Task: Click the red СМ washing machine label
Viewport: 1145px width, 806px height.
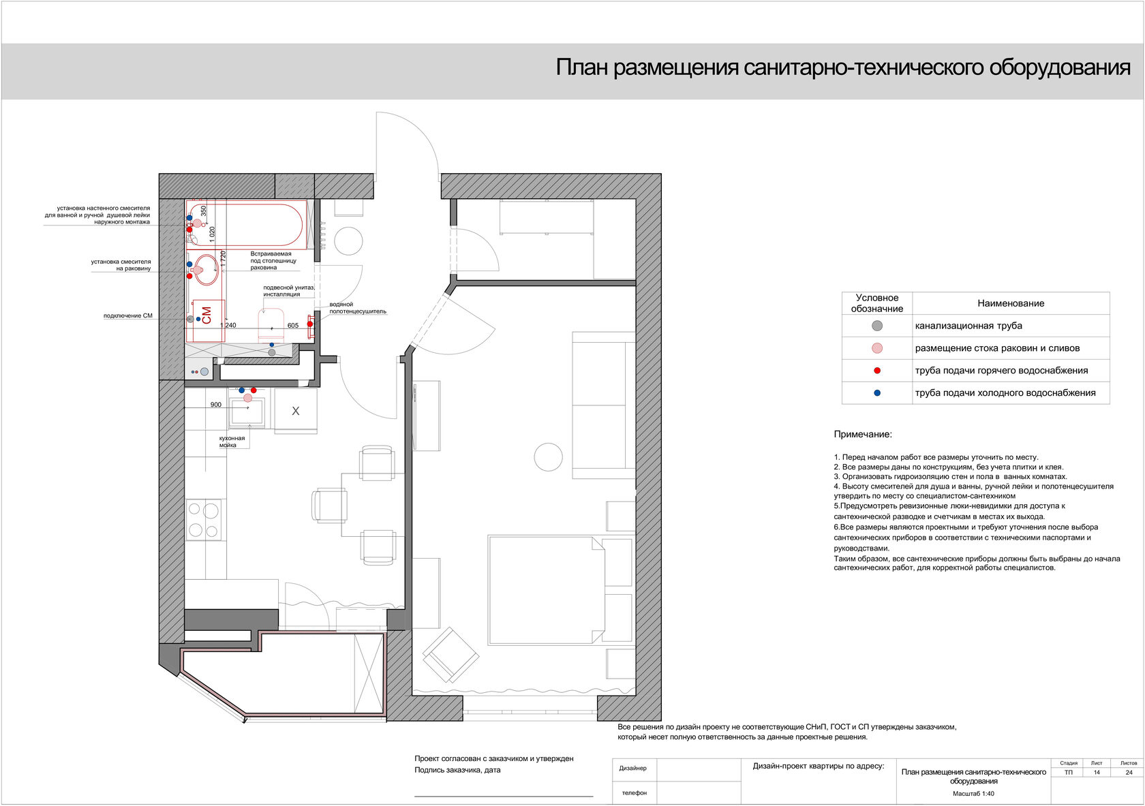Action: [x=207, y=315]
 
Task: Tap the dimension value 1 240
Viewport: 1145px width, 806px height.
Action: [x=228, y=325]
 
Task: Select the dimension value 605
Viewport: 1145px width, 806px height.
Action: [x=293, y=325]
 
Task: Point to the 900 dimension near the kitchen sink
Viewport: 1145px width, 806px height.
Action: [x=215, y=404]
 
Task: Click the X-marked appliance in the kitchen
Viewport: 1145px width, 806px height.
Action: [x=296, y=410]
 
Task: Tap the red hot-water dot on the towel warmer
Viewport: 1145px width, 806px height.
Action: [x=309, y=324]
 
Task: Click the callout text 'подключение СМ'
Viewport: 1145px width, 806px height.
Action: [x=128, y=315]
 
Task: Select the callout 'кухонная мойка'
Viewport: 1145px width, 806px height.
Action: [x=232, y=441]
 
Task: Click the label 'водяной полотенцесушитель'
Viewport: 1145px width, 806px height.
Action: [x=357, y=308]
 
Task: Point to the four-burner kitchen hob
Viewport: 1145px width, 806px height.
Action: [x=204, y=520]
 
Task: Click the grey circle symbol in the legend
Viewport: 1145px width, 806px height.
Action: [x=877, y=326]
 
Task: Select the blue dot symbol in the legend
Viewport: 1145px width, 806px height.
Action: [x=877, y=393]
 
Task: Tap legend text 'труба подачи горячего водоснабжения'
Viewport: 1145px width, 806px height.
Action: [x=1001, y=371]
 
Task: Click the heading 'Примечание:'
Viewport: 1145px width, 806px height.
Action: [x=863, y=435]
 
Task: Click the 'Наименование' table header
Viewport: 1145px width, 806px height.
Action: [x=1011, y=303]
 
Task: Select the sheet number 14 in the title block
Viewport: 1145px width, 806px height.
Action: [x=1097, y=772]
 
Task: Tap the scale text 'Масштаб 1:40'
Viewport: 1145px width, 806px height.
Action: [x=973, y=794]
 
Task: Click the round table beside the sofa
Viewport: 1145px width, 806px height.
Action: [x=549, y=457]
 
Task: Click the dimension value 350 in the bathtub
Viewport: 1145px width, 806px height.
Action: [x=203, y=211]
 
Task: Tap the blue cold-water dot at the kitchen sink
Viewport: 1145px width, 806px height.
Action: [x=242, y=390]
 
